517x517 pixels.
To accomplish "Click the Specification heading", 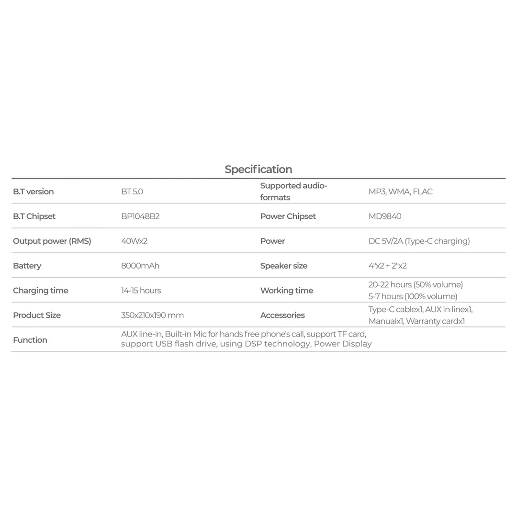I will tap(258, 169).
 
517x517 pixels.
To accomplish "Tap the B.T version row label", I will tap(33, 191).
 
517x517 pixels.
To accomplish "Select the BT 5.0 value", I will tap(132, 191).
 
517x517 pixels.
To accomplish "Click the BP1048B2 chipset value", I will tap(140, 216).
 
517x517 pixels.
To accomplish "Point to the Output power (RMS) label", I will tap(52, 241).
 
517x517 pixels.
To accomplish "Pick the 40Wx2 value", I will tap(134, 241).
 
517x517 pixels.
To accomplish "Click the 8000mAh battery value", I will tap(140, 266).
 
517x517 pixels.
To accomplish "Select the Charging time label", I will tap(41, 291).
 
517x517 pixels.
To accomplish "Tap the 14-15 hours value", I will tap(141, 291).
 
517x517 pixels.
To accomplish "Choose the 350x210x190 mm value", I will tap(152, 315).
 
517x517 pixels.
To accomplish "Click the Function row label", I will tap(30, 340).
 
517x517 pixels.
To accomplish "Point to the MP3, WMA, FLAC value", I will tap(400, 191).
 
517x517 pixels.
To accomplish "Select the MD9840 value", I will tap(385, 216).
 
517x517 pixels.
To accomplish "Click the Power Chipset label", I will tap(288, 216).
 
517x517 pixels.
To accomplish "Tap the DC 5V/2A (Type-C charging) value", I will tap(419, 241).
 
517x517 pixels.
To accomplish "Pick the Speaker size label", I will tap(284, 266).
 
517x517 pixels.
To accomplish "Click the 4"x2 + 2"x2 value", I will tap(387, 266).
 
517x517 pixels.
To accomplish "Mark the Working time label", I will tap(286, 291).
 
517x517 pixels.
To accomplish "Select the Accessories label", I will tap(282, 315).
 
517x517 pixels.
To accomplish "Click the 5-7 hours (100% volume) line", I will tap(413, 296).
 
